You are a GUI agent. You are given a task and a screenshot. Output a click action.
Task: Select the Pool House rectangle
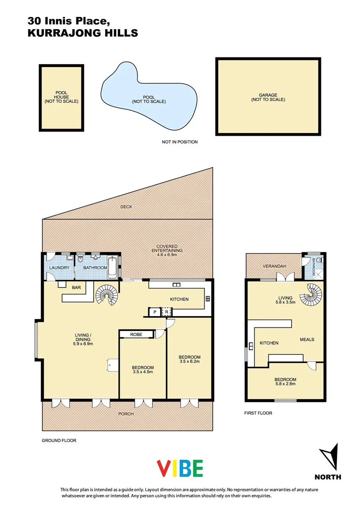[61, 98]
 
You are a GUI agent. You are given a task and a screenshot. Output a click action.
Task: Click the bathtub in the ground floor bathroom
[114, 267]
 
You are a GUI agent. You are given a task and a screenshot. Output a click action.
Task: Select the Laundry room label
[60, 268]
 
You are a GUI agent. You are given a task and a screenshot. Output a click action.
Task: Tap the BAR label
[76, 287]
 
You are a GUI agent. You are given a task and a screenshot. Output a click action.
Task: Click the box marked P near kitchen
[155, 312]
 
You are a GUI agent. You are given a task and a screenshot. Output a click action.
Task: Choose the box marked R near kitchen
[166, 312]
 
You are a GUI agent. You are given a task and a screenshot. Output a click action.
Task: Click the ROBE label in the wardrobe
[136, 334]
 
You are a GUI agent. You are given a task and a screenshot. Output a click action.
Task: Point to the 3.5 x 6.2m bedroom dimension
[190, 362]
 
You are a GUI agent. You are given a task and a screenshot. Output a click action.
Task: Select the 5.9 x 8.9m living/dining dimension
[82, 344]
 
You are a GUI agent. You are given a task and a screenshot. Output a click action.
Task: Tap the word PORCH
[126, 414]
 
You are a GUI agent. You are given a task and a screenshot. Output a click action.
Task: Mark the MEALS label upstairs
[307, 339]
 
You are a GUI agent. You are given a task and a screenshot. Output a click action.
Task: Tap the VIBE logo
[180, 468]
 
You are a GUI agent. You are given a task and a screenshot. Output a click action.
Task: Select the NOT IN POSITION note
[180, 142]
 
